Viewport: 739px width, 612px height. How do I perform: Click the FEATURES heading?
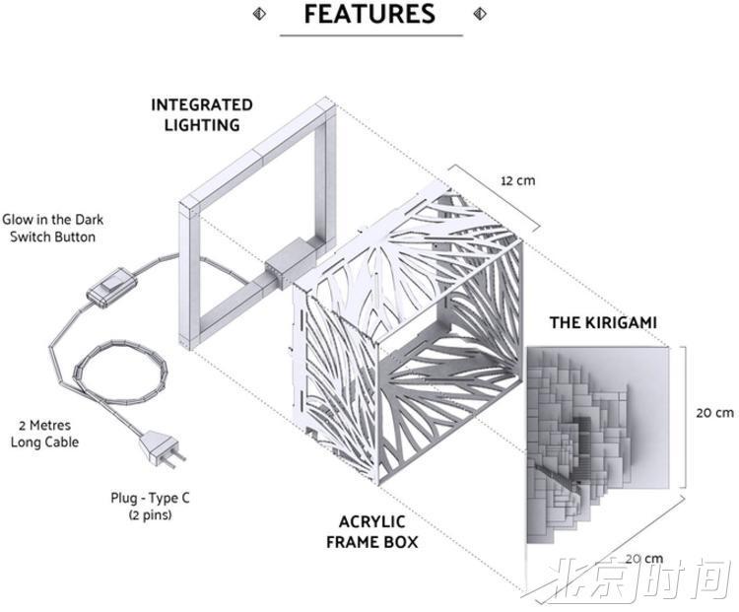click(369, 14)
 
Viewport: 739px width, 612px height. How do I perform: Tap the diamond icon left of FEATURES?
click(259, 14)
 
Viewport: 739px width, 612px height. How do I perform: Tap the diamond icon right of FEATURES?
click(480, 14)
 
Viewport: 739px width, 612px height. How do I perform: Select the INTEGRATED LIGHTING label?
click(202, 114)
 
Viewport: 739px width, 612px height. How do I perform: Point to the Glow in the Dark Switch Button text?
click(53, 228)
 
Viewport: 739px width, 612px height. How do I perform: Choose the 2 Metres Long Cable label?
click(44, 434)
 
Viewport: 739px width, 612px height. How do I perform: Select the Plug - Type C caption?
click(151, 498)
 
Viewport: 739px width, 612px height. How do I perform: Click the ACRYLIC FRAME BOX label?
click(371, 532)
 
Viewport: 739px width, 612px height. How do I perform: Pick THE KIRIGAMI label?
click(603, 322)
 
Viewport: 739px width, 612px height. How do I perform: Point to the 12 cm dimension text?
click(518, 180)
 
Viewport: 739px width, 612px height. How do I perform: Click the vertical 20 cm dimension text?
click(715, 413)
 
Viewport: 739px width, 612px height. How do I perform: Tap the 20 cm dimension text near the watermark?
click(644, 558)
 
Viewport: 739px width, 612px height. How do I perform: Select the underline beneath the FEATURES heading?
click(371, 34)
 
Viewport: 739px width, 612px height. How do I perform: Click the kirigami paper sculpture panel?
click(597, 444)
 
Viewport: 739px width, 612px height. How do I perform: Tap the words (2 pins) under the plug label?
click(151, 514)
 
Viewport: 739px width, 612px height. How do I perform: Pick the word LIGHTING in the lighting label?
click(202, 125)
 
